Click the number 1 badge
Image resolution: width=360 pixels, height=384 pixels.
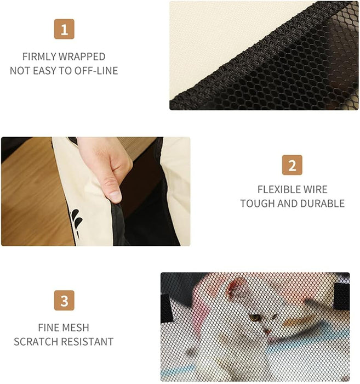64,29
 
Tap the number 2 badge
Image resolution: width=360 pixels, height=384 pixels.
292,165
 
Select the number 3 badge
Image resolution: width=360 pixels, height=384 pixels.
64,300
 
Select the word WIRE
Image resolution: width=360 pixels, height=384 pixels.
315,190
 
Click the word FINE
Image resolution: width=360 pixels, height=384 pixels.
48,327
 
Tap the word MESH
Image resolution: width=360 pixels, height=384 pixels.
75,327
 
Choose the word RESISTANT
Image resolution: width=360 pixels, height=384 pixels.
87,341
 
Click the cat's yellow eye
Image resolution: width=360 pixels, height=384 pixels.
255,318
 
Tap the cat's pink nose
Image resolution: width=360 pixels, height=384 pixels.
267,332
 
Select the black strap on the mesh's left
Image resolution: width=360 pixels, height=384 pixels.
167,308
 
